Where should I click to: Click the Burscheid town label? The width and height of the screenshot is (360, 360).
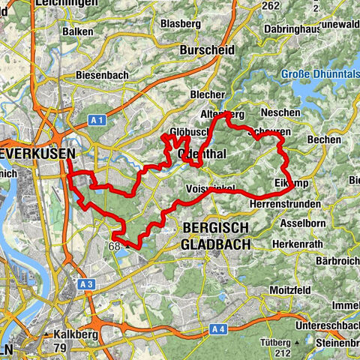[207, 49]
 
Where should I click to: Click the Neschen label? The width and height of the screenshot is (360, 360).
[282, 112]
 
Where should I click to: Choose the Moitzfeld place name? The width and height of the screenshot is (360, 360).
[292, 289]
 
